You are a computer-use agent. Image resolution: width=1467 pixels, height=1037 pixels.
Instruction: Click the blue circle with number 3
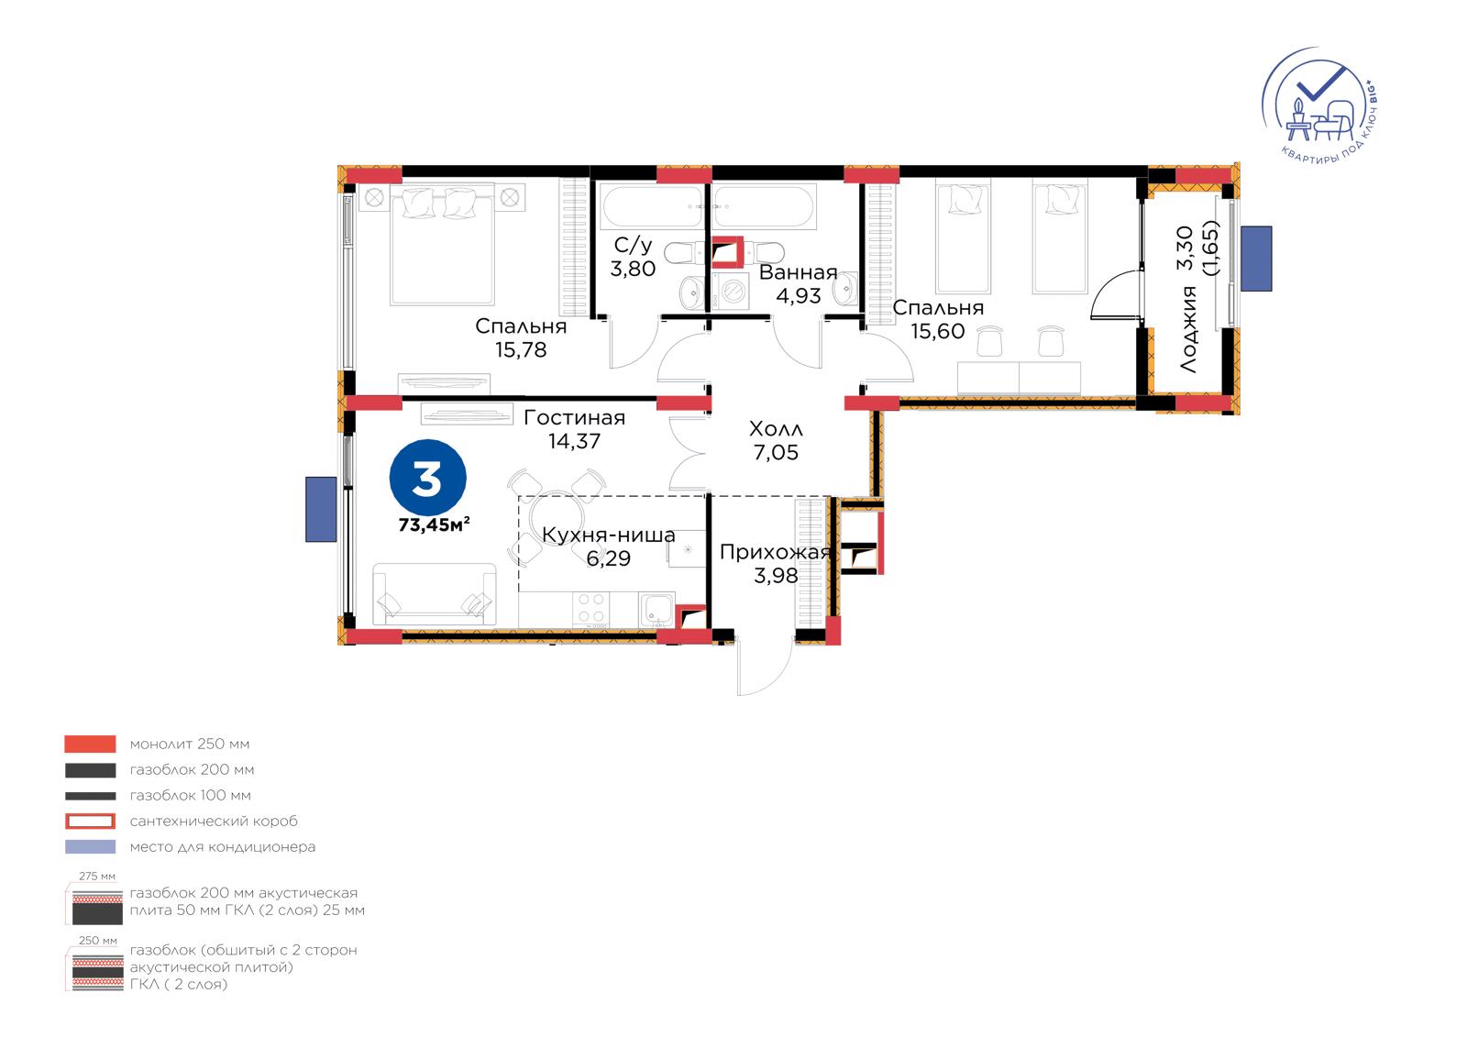coord(427,478)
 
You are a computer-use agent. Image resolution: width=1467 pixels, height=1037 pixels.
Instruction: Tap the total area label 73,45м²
coord(435,524)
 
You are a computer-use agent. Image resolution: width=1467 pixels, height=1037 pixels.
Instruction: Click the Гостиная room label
coord(574,417)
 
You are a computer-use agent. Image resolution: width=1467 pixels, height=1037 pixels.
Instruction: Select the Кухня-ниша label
coord(609,535)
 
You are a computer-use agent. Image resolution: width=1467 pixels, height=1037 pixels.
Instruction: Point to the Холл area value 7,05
coord(776,453)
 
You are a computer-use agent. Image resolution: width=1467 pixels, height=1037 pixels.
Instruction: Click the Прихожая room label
coord(776,552)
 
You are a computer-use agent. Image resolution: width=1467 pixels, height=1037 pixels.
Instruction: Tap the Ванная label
coord(799,272)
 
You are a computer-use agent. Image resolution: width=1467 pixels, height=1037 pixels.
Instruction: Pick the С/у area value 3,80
coord(633,269)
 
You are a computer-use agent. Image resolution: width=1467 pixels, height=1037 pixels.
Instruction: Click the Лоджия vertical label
coord(1187,329)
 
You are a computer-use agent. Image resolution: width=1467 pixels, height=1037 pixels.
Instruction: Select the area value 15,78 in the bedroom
coord(521,350)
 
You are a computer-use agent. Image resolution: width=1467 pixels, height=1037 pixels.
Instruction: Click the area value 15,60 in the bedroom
coord(938,332)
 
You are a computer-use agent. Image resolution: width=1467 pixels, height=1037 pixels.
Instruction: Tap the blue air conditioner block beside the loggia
coord(1256,259)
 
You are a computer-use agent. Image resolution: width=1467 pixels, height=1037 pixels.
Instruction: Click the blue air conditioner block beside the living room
coord(321,510)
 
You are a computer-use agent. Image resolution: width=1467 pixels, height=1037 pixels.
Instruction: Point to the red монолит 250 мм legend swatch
coord(91,745)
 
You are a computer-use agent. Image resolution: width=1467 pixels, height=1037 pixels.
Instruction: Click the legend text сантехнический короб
coord(214,821)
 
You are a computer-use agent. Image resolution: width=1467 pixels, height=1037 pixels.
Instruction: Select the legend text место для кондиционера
coord(223,847)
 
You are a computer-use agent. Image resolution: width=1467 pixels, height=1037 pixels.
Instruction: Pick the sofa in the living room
coord(435,594)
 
